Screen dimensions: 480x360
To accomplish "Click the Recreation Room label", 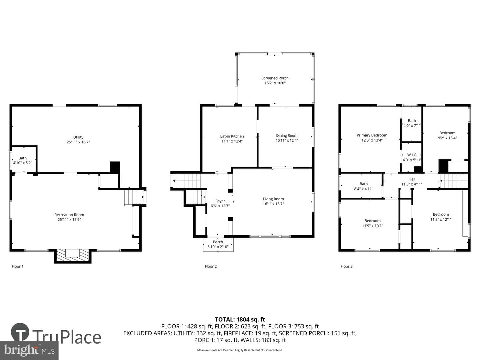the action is click(x=69, y=215).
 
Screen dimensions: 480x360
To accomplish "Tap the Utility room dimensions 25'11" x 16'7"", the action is click(x=78, y=142).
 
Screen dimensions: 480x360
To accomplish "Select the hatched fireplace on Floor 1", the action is click(x=73, y=255).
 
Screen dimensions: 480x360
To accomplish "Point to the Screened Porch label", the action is click(x=275, y=78).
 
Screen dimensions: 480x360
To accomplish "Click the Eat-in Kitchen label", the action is click(x=232, y=136).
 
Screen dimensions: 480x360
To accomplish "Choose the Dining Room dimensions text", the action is click(x=287, y=141).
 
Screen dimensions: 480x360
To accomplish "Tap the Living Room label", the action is click(x=273, y=199).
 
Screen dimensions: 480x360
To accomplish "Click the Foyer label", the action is click(x=220, y=201).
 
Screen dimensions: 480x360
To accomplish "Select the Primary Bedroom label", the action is click(x=372, y=135).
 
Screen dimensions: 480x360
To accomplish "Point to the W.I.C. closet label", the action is click(x=412, y=155).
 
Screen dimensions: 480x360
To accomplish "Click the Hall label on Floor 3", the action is click(x=412, y=179).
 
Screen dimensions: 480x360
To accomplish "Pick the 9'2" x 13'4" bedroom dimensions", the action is click(x=447, y=138).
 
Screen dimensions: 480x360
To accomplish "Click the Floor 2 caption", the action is click(x=211, y=266).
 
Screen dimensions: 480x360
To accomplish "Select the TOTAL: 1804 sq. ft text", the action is click(x=240, y=320).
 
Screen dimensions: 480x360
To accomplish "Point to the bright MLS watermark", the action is click(x=29, y=350).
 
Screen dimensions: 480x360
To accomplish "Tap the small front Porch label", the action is click(x=218, y=242).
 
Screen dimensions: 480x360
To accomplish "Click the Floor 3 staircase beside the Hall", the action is click(x=454, y=181).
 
